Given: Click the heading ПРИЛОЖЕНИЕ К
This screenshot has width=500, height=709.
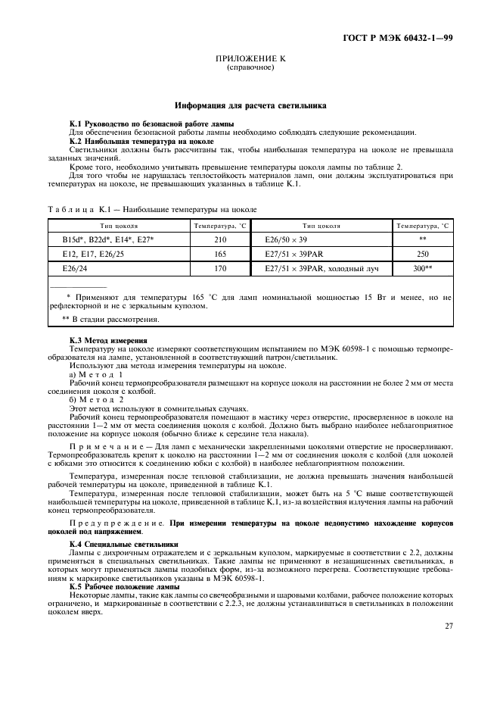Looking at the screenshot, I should [x=250, y=58].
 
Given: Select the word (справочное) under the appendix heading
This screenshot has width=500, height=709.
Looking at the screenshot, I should [x=250, y=67].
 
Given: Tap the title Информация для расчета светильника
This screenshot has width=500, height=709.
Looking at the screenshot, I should [x=250, y=107].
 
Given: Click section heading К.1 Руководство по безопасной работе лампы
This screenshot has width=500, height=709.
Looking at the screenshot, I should [x=151, y=123].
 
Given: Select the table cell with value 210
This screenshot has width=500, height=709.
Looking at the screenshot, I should [x=220, y=239].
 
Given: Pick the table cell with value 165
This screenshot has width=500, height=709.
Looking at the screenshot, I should [x=220, y=253].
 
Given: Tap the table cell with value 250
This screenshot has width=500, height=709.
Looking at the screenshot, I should [x=422, y=253].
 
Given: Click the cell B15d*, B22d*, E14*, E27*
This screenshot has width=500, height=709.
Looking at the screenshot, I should [x=108, y=239].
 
